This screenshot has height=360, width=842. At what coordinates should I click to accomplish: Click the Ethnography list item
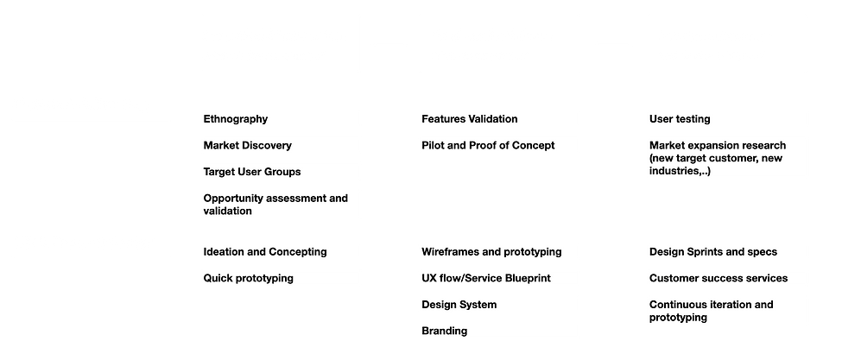pyautogui.click(x=235, y=119)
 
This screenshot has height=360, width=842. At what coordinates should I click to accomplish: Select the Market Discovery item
pyautogui.click(x=247, y=145)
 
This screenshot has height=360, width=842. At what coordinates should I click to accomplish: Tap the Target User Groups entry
pyautogui.click(x=252, y=172)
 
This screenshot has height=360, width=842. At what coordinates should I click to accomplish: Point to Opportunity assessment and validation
pyautogui.click(x=275, y=205)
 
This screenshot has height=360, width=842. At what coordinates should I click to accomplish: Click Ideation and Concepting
pyautogui.click(x=265, y=251)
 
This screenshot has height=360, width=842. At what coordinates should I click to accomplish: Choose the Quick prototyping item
pyautogui.click(x=248, y=279)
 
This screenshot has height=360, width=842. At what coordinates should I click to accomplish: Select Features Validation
pyautogui.click(x=469, y=119)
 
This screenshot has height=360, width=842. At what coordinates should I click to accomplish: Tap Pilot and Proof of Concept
pyautogui.click(x=488, y=145)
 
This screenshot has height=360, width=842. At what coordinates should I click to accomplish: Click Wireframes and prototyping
pyautogui.click(x=491, y=251)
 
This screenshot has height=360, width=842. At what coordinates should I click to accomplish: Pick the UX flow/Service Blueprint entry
pyautogui.click(x=486, y=279)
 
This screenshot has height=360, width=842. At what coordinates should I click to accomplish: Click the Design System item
pyautogui.click(x=459, y=305)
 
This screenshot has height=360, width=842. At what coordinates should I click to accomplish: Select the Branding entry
pyautogui.click(x=444, y=331)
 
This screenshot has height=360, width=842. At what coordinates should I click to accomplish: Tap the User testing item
pyautogui.click(x=680, y=119)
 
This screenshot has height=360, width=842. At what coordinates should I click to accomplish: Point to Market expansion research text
pyautogui.click(x=718, y=145)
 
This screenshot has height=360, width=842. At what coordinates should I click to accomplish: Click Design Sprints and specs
pyautogui.click(x=713, y=251)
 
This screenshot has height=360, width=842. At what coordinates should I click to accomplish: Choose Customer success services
pyautogui.click(x=719, y=279)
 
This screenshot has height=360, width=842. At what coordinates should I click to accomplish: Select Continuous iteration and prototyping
pyautogui.click(x=711, y=311)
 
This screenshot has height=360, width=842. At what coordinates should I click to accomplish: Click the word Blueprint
pyautogui.click(x=528, y=279)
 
